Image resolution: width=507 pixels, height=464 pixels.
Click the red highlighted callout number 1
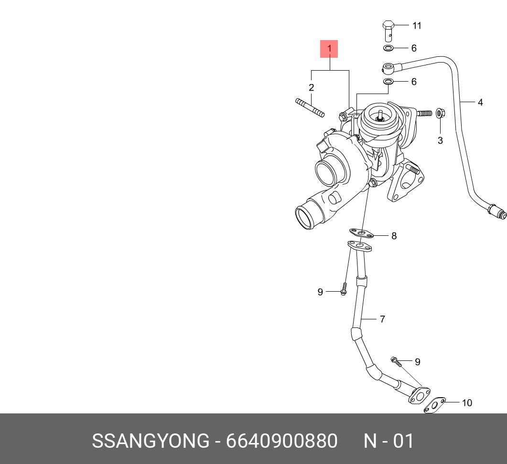click(329, 49)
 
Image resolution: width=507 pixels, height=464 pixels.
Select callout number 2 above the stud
click(311, 87)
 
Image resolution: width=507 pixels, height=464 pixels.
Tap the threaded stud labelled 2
click(310, 107)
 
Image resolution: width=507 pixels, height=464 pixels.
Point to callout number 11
click(417, 25)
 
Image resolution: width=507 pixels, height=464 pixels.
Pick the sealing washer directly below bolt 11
click(388, 48)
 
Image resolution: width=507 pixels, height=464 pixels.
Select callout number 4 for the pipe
click(480, 102)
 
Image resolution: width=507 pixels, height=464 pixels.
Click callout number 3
click(440, 140)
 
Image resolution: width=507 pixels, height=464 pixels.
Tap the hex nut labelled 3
click(440, 114)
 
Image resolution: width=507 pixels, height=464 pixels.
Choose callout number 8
click(394, 236)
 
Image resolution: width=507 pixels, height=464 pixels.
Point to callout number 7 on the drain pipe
click(382, 319)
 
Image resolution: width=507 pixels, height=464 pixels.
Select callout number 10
click(466, 403)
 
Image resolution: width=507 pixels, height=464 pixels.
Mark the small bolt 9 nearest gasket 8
click(343, 289)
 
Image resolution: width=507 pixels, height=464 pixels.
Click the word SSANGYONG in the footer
click(150, 441)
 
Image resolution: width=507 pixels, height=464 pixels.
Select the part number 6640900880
click(282, 441)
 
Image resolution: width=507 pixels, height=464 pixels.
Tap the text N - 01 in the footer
click(388, 441)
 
